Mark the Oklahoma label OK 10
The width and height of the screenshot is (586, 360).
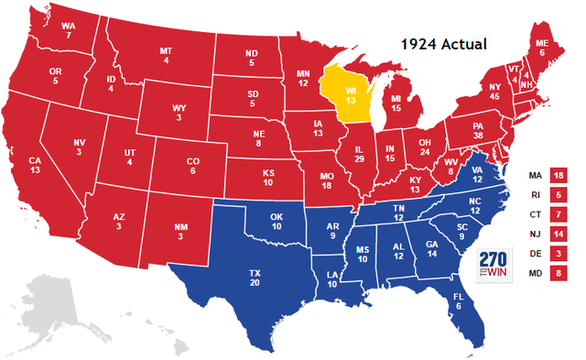point(278,221)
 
